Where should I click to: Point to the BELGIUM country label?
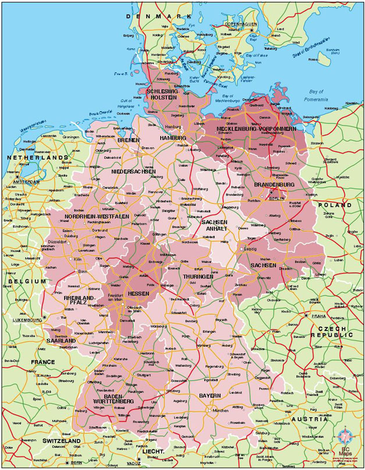(x=26, y=281)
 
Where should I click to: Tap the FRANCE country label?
(x=43, y=362)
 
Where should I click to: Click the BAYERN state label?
(x=210, y=396)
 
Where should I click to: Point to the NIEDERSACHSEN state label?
(x=133, y=172)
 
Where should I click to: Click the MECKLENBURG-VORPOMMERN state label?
(x=256, y=128)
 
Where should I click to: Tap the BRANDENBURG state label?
(x=274, y=185)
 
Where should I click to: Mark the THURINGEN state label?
(x=197, y=277)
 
